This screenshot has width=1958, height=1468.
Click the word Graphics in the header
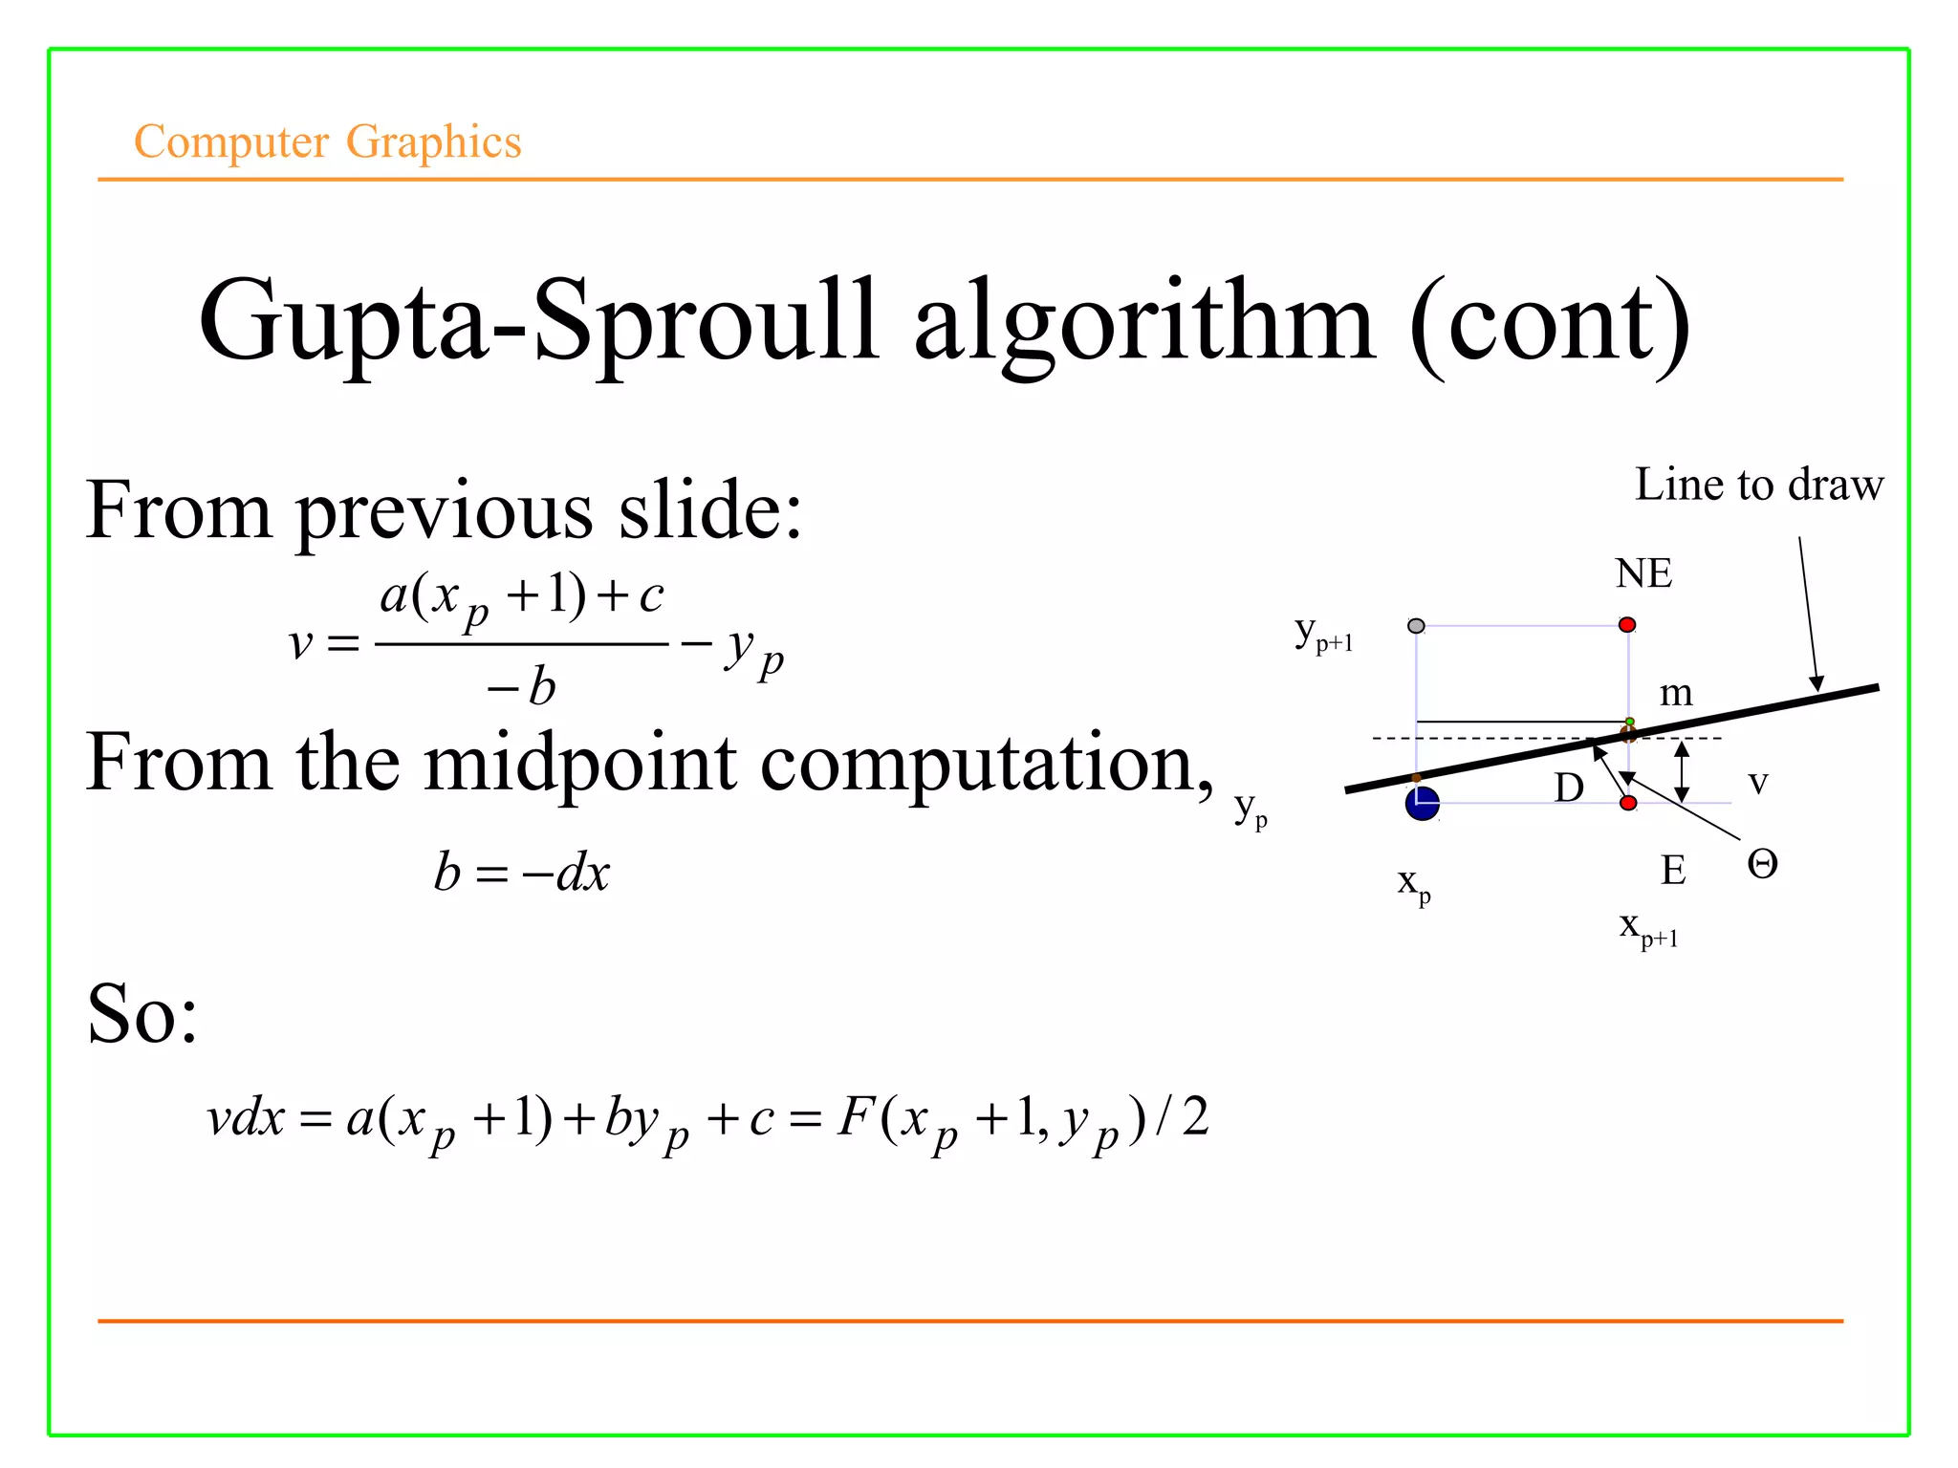(433, 142)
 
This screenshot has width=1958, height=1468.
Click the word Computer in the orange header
(231, 142)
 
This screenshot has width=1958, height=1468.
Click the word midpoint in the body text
(579, 763)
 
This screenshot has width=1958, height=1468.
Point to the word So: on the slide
(142, 1013)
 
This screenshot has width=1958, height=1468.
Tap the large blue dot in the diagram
(1422, 804)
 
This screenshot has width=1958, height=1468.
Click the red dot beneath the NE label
(1627, 625)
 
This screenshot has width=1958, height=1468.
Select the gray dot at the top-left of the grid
(1416, 626)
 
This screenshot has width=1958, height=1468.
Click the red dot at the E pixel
(1628, 803)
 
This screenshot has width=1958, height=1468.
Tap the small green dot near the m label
(1630, 722)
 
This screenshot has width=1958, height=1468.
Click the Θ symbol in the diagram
(1762, 865)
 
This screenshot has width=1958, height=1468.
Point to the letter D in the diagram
(1569, 788)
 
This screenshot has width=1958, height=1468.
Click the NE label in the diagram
(1643, 573)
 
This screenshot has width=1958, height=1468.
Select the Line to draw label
(1759, 485)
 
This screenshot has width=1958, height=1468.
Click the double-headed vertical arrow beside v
(1683, 771)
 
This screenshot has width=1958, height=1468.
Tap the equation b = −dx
(522, 873)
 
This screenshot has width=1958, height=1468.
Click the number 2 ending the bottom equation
(1195, 1116)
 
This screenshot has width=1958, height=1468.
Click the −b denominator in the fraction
(521, 686)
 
